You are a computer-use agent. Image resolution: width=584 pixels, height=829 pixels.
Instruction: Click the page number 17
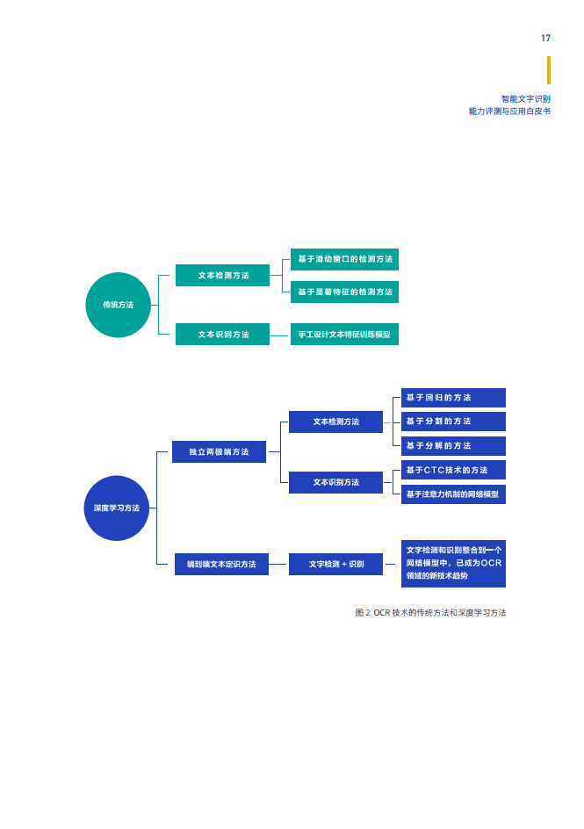coord(545,38)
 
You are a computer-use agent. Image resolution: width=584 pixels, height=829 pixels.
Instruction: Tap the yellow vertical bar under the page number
coord(549,70)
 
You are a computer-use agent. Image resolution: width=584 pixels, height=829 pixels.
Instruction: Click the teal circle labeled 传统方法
coord(119,305)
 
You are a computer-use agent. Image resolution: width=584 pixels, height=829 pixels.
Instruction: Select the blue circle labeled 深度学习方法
coord(117,508)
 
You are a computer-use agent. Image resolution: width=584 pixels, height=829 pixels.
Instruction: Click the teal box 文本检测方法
coord(222,276)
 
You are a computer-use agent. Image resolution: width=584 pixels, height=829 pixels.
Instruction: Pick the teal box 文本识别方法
coord(222,334)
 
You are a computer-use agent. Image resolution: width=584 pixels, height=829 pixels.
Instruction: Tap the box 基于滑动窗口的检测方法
coord(344,259)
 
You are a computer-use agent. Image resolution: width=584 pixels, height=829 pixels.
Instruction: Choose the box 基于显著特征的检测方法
coord(344,292)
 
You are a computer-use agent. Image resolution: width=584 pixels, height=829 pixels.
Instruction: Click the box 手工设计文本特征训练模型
coord(344,334)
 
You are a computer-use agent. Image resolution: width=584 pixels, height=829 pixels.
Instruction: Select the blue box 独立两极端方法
coord(219,452)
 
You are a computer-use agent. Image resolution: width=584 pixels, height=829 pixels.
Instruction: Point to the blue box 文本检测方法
coord(335,422)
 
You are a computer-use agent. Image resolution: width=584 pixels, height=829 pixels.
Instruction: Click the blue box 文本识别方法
coord(335,482)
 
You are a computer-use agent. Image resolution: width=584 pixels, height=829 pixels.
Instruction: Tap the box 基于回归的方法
coord(453,398)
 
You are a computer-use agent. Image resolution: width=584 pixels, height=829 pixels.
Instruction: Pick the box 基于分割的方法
coord(453,422)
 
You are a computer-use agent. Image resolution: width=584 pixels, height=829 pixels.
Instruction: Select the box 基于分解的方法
coord(453,446)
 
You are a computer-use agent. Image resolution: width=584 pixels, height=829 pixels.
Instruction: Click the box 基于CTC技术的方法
coord(453,470)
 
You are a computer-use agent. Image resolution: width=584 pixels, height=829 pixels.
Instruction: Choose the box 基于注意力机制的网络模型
coord(453,494)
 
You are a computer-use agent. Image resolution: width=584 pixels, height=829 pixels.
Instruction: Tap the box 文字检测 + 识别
coord(335,564)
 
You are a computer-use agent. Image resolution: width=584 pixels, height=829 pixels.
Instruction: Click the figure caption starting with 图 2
coord(430,613)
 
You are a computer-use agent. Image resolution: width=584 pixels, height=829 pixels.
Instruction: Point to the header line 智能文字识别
coord(526,99)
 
